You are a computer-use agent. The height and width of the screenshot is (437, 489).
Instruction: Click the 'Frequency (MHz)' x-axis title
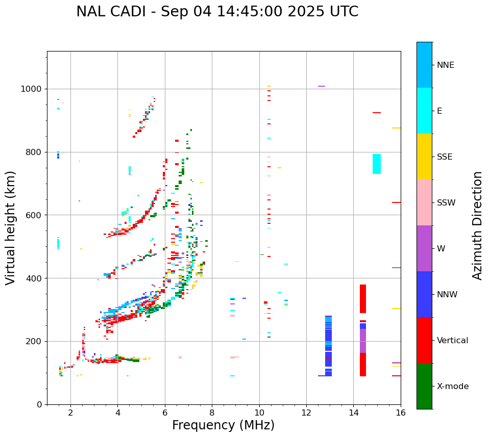click(x=223, y=425)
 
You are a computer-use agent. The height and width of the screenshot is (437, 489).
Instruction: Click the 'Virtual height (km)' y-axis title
click(x=11, y=228)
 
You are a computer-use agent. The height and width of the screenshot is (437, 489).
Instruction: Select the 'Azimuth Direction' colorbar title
click(x=477, y=225)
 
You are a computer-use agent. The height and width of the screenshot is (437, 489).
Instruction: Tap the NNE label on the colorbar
click(x=445, y=65)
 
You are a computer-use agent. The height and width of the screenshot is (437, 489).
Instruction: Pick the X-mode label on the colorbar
click(x=452, y=387)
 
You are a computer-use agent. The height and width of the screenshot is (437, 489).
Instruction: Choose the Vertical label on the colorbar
click(x=452, y=341)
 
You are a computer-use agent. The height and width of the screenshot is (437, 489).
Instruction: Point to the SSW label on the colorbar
click(x=446, y=203)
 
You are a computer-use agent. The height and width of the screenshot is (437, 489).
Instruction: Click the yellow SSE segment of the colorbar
click(x=424, y=157)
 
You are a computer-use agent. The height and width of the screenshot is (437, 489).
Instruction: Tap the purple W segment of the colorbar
click(x=424, y=248)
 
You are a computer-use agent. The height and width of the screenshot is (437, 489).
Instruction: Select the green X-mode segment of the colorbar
click(x=424, y=386)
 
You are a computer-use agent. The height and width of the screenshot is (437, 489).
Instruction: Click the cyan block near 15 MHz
click(x=377, y=164)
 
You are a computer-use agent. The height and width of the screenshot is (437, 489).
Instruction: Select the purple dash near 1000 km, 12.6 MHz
click(x=322, y=86)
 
